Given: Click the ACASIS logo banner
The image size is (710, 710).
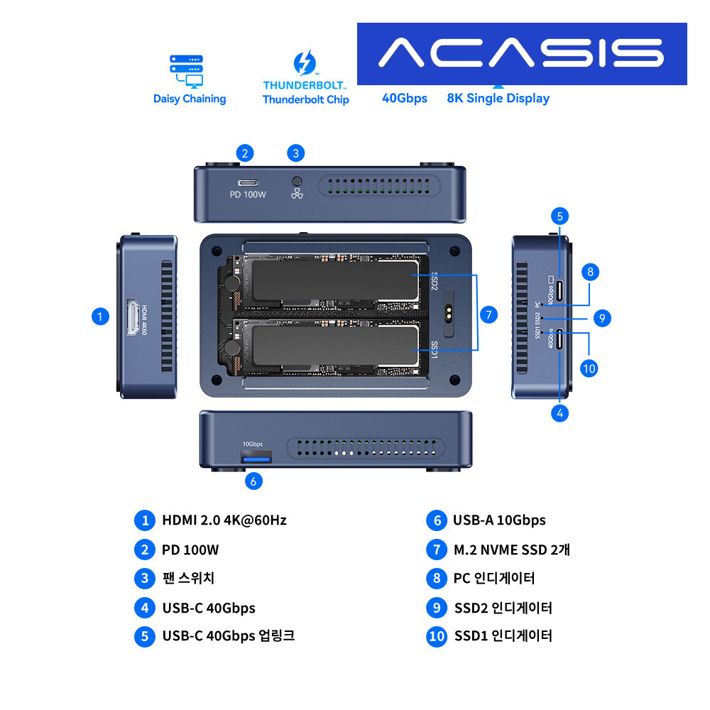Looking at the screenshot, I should click(x=522, y=53).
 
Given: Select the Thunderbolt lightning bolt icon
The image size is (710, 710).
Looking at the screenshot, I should click(x=305, y=63).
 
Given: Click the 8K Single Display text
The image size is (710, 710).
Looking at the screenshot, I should click(x=498, y=98).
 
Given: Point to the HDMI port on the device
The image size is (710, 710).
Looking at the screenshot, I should click(x=132, y=317).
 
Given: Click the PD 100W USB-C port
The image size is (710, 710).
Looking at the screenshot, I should click(x=248, y=181).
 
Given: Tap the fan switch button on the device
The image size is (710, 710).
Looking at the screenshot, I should click(x=297, y=181).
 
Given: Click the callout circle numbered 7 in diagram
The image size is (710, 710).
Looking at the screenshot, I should click(x=488, y=315).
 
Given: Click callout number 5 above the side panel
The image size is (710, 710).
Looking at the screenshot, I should click(x=560, y=217).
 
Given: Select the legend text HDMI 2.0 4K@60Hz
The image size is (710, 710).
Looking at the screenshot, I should click(x=224, y=520).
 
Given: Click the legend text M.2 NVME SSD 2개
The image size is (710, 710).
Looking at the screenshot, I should click(x=511, y=550).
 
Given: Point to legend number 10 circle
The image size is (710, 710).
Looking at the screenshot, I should click(x=437, y=636).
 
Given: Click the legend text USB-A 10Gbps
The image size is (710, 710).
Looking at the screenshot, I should click(x=499, y=520).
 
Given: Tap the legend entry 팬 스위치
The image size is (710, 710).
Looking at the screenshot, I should click(x=187, y=578).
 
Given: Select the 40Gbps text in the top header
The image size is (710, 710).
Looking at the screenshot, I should click(x=405, y=98).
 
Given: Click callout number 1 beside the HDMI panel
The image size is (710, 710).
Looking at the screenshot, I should click(x=101, y=317).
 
